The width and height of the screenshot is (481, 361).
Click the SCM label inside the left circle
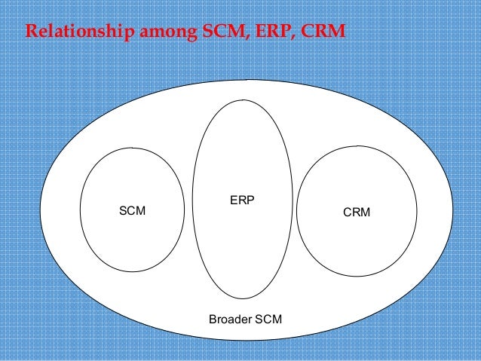(x=133, y=211)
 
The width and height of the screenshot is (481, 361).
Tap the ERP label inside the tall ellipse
(x=242, y=200)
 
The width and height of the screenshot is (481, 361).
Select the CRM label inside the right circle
(x=357, y=212)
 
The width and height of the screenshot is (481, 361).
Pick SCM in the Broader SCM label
(x=268, y=320)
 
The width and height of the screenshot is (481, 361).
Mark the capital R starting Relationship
(x=31, y=33)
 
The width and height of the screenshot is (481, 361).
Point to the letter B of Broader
(x=211, y=320)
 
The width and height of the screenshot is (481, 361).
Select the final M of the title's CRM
(x=335, y=33)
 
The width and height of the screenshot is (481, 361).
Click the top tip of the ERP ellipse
(x=242, y=99)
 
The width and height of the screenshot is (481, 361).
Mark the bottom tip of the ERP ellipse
(x=242, y=299)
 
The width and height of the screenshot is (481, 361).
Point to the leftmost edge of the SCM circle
(x=80, y=210)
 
